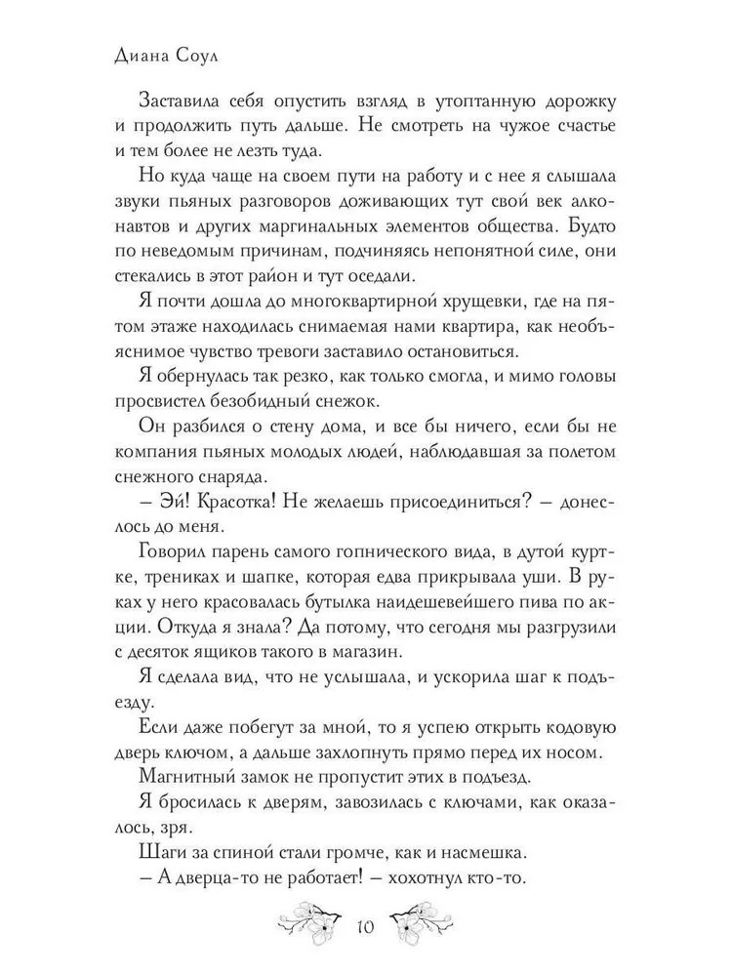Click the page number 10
(366, 927)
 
